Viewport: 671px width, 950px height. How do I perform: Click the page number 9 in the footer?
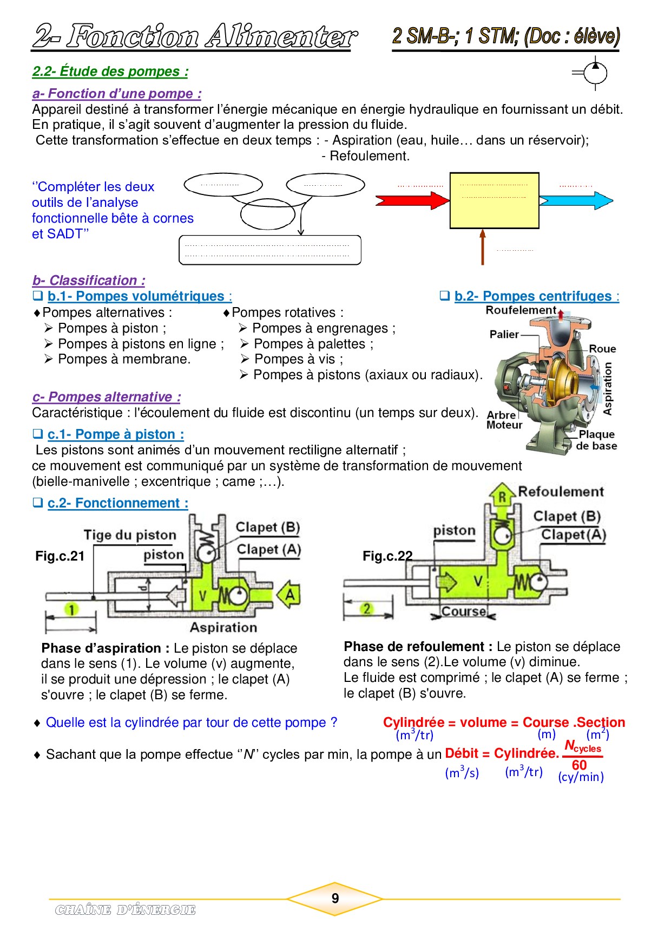coord(335,899)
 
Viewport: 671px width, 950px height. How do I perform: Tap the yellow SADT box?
coord(494,201)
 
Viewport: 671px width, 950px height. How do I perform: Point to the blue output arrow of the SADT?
coord(576,201)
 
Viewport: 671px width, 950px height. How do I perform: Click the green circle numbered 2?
coord(367,609)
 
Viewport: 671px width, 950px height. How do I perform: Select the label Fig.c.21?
coord(60,556)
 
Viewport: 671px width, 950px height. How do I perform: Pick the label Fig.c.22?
coord(387,556)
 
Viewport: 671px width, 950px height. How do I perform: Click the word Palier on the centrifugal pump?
coord(504,334)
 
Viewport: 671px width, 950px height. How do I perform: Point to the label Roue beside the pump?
coord(602,349)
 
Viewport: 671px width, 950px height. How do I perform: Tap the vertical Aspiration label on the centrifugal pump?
coord(608,389)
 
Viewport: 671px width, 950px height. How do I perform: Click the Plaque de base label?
coord(596,440)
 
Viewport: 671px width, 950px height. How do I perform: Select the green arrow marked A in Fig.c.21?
coord(289,595)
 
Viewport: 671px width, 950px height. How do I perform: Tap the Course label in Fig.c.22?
coord(463,611)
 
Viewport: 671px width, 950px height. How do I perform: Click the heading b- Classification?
coord(89,281)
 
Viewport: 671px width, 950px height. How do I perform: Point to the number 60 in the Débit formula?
coord(579,765)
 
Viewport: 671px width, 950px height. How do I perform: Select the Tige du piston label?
coord(130,535)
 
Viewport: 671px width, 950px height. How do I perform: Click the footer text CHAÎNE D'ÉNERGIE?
coord(125,910)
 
